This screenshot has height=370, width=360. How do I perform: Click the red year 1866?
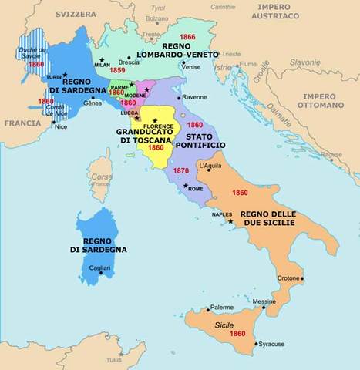click(187, 36)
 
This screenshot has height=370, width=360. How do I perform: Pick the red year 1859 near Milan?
click(117, 70)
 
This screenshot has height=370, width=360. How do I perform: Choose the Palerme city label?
click(222, 306)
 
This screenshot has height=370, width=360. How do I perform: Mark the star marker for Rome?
click(185, 186)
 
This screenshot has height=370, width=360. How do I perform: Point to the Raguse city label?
click(331, 154)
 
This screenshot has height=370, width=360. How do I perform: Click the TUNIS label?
click(115, 359)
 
